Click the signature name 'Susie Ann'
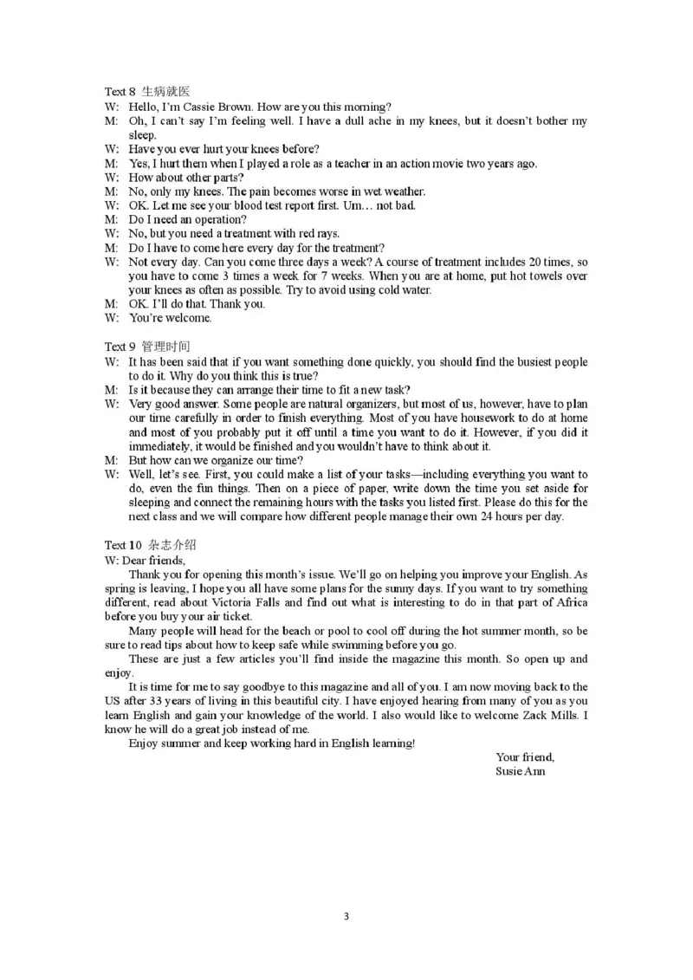click(521, 771)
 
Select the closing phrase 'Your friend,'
click(525, 757)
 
